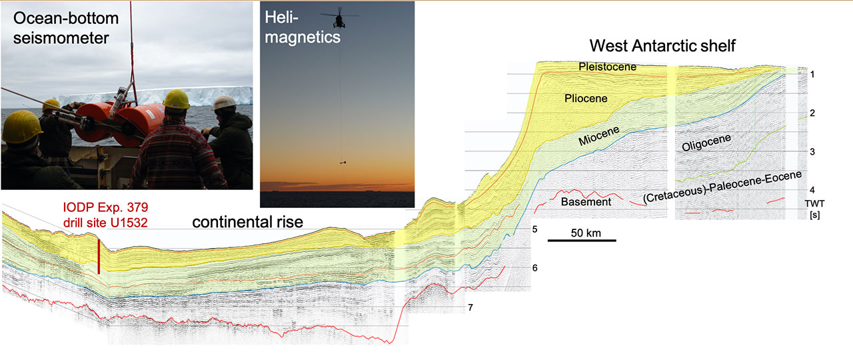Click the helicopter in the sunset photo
tap(339, 18)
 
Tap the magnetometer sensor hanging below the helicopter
tap(343, 163)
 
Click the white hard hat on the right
tap(225, 103)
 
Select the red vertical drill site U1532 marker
tap(99, 257)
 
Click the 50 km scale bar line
tap(582, 241)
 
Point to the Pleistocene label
tap(607, 67)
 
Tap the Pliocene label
tap(586, 98)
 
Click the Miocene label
tap(599, 136)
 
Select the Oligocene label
tap(706, 143)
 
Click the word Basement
tap(586, 201)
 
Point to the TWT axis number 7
tap(470, 307)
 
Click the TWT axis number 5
tap(534, 229)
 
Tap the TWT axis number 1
tap(812, 74)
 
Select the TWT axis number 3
tap(812, 151)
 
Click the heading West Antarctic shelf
tap(662, 46)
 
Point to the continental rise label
tap(247, 222)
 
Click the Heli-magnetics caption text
tap(303, 27)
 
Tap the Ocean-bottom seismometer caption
tap(66, 28)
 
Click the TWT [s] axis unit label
tap(814, 209)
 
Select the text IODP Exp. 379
tap(105, 207)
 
